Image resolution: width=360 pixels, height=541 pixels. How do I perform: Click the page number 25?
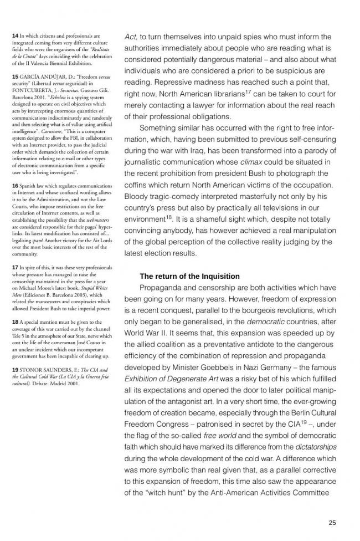tap(332, 522)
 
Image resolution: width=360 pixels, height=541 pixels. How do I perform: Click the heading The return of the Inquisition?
tap(189, 276)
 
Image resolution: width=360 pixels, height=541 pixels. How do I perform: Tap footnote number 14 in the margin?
tap(15, 35)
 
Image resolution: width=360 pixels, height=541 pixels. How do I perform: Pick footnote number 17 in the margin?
tap(15, 267)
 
